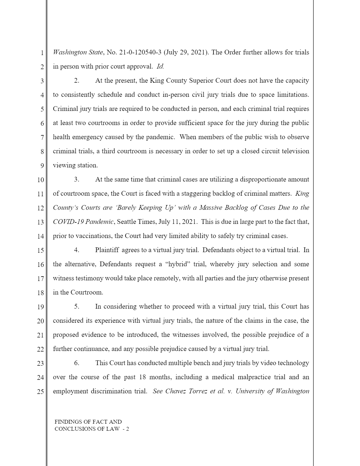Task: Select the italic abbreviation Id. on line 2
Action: (x=160, y=66)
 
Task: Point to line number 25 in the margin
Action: (x=40, y=392)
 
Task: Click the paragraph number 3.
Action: (x=76, y=179)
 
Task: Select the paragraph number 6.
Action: (x=76, y=363)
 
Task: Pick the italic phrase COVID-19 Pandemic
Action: (x=83, y=222)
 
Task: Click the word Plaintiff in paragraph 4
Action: (x=107, y=250)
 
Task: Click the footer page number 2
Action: (x=127, y=429)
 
